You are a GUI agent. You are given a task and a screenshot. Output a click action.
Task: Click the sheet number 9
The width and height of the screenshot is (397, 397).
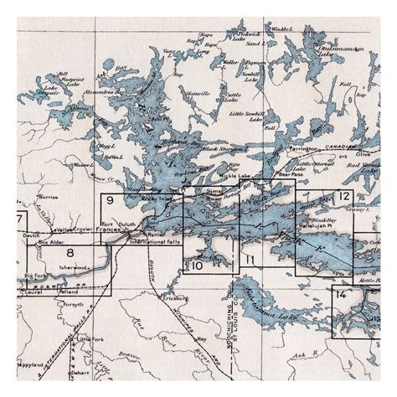(110, 200)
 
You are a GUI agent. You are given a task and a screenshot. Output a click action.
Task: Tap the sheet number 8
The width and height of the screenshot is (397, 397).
(70, 251)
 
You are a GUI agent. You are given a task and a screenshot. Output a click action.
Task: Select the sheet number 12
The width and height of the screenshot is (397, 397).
(344, 196)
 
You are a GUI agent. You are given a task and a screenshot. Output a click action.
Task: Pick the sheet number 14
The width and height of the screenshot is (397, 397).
(339, 295)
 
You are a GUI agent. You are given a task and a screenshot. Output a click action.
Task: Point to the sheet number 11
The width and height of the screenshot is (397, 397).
(250, 260)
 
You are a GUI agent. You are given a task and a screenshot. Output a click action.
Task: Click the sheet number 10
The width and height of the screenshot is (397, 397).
(197, 266)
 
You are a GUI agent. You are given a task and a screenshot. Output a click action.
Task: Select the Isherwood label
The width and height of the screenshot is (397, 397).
(73, 267)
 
